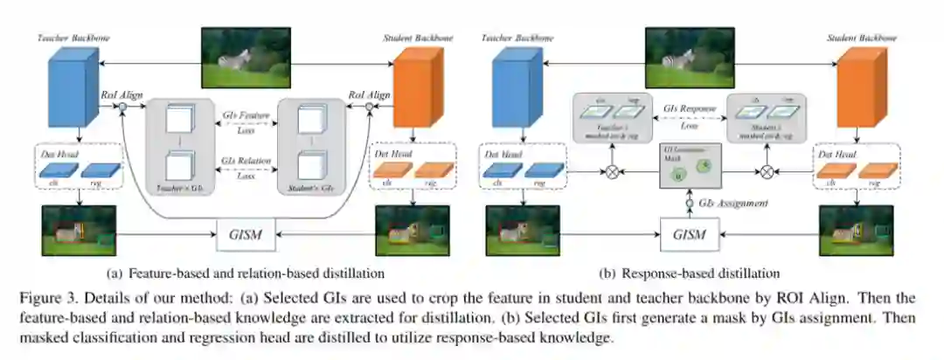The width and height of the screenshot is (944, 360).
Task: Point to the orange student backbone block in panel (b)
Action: [x=857, y=87]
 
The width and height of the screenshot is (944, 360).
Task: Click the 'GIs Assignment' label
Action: [x=736, y=203]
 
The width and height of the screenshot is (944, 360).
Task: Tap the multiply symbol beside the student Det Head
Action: [x=767, y=172]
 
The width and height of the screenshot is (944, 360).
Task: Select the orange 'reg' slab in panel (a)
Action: [x=433, y=172]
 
